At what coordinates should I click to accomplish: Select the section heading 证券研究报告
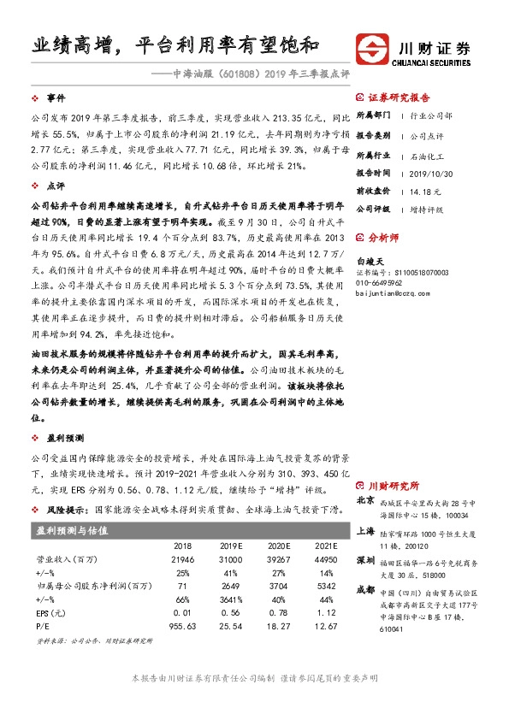pos(403,97)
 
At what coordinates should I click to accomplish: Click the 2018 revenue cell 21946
pos(182,558)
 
